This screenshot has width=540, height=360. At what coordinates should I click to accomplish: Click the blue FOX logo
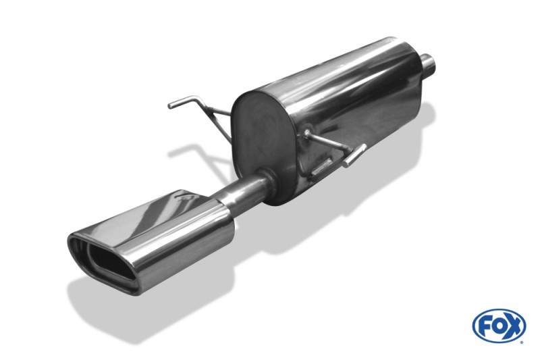point(499,326)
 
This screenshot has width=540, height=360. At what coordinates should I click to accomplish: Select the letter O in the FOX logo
point(498,326)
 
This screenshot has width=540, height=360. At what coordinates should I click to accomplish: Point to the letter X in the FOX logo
point(513,326)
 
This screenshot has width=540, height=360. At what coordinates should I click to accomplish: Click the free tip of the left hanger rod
point(170,105)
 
